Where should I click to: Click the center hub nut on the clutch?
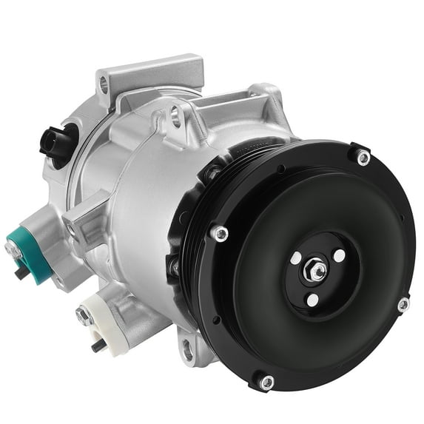tap(317, 272)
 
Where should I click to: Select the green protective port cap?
tap(30, 243)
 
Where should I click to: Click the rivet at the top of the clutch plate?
tap(363, 157)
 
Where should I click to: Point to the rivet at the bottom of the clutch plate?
tap(266, 381)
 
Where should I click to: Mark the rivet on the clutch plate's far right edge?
tap(403, 304)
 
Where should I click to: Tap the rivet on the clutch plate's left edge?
tap(220, 234)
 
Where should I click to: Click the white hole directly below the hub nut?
tap(312, 300)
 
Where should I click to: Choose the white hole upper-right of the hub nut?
tap(339, 255)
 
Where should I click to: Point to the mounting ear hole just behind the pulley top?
tap(176, 112)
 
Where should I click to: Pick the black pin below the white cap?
tap(96, 345)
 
